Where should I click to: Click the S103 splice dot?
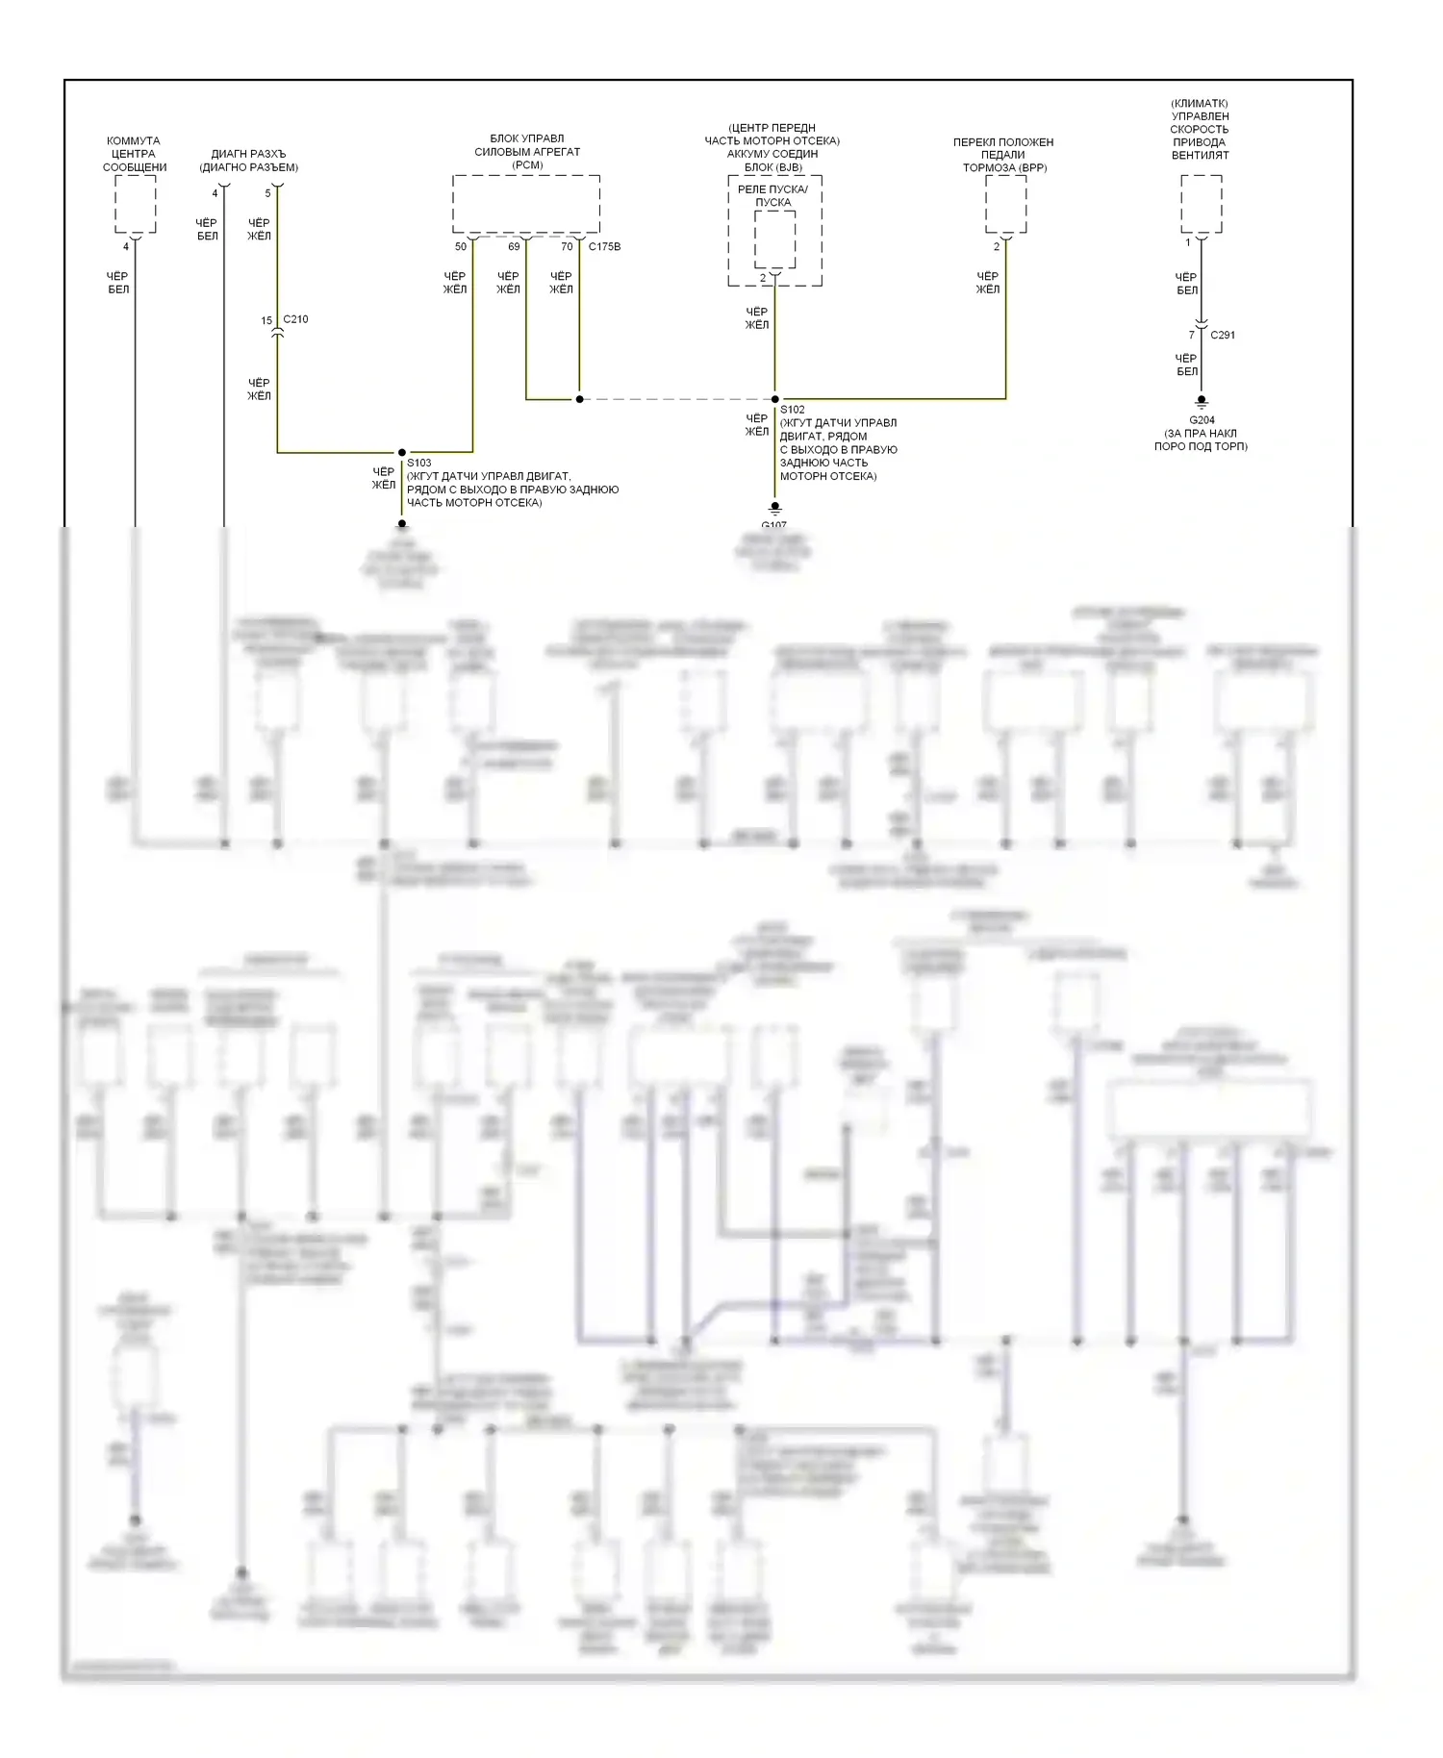click(402, 452)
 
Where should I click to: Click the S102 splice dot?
click(775, 399)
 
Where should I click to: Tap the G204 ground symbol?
click(1202, 402)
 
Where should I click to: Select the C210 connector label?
click(296, 319)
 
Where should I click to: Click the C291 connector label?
click(1223, 335)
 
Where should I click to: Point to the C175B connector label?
click(605, 247)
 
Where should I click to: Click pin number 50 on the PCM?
click(461, 247)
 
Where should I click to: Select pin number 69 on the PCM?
click(514, 247)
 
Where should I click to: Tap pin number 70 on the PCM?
click(567, 247)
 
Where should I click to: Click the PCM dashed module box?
click(526, 204)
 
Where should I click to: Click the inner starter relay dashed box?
click(774, 239)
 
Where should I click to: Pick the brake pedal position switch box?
click(1005, 204)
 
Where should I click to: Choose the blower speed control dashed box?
click(1202, 204)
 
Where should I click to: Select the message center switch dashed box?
click(136, 204)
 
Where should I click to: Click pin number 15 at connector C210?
click(266, 320)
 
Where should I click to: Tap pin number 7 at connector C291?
click(1191, 335)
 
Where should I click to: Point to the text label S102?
click(793, 410)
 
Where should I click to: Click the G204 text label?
click(1202, 420)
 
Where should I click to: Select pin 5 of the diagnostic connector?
click(267, 193)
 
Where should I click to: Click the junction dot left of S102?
click(579, 399)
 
